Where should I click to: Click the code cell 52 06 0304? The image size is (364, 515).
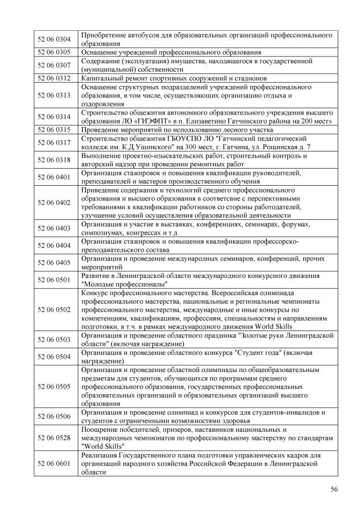click(53, 39)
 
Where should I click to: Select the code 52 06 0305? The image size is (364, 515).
click(53, 52)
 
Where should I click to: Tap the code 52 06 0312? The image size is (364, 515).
click(53, 78)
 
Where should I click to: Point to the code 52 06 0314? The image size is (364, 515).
click(53, 117)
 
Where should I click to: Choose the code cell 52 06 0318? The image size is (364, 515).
click(53, 160)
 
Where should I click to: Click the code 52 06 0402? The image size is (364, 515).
click(53, 203)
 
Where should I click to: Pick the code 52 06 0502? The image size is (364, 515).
click(53, 310)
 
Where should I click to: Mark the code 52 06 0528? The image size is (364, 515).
click(53, 438)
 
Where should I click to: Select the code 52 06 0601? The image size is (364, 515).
click(53, 463)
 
